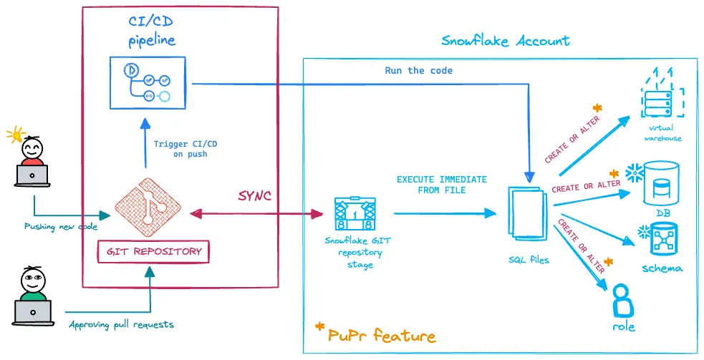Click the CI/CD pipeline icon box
[148, 82]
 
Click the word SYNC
[254, 196]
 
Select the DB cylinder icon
[657, 183]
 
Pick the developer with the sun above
[32, 162]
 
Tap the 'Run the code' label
[419, 70]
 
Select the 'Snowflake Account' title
[505, 40]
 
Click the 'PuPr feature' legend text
[382, 335]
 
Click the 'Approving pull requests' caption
[121, 324]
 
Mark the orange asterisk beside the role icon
[609, 262]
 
